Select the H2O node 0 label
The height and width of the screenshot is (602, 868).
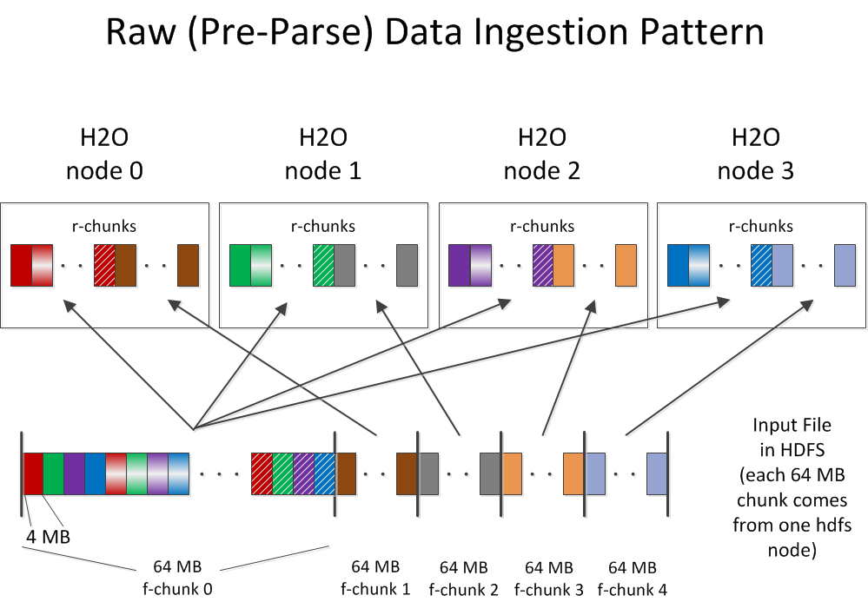click(x=104, y=154)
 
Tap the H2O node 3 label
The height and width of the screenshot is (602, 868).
click(x=756, y=154)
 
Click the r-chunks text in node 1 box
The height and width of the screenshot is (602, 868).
click(x=323, y=226)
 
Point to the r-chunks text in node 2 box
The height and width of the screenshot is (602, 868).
click(x=542, y=226)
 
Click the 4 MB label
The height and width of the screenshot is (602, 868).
click(x=48, y=537)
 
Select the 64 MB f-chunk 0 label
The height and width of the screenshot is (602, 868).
click(x=176, y=578)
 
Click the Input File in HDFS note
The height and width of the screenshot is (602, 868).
click(x=792, y=487)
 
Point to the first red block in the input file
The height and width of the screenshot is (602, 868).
click(x=33, y=474)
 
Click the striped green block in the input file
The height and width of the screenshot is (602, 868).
click(x=282, y=474)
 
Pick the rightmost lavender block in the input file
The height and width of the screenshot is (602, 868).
click(x=657, y=474)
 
